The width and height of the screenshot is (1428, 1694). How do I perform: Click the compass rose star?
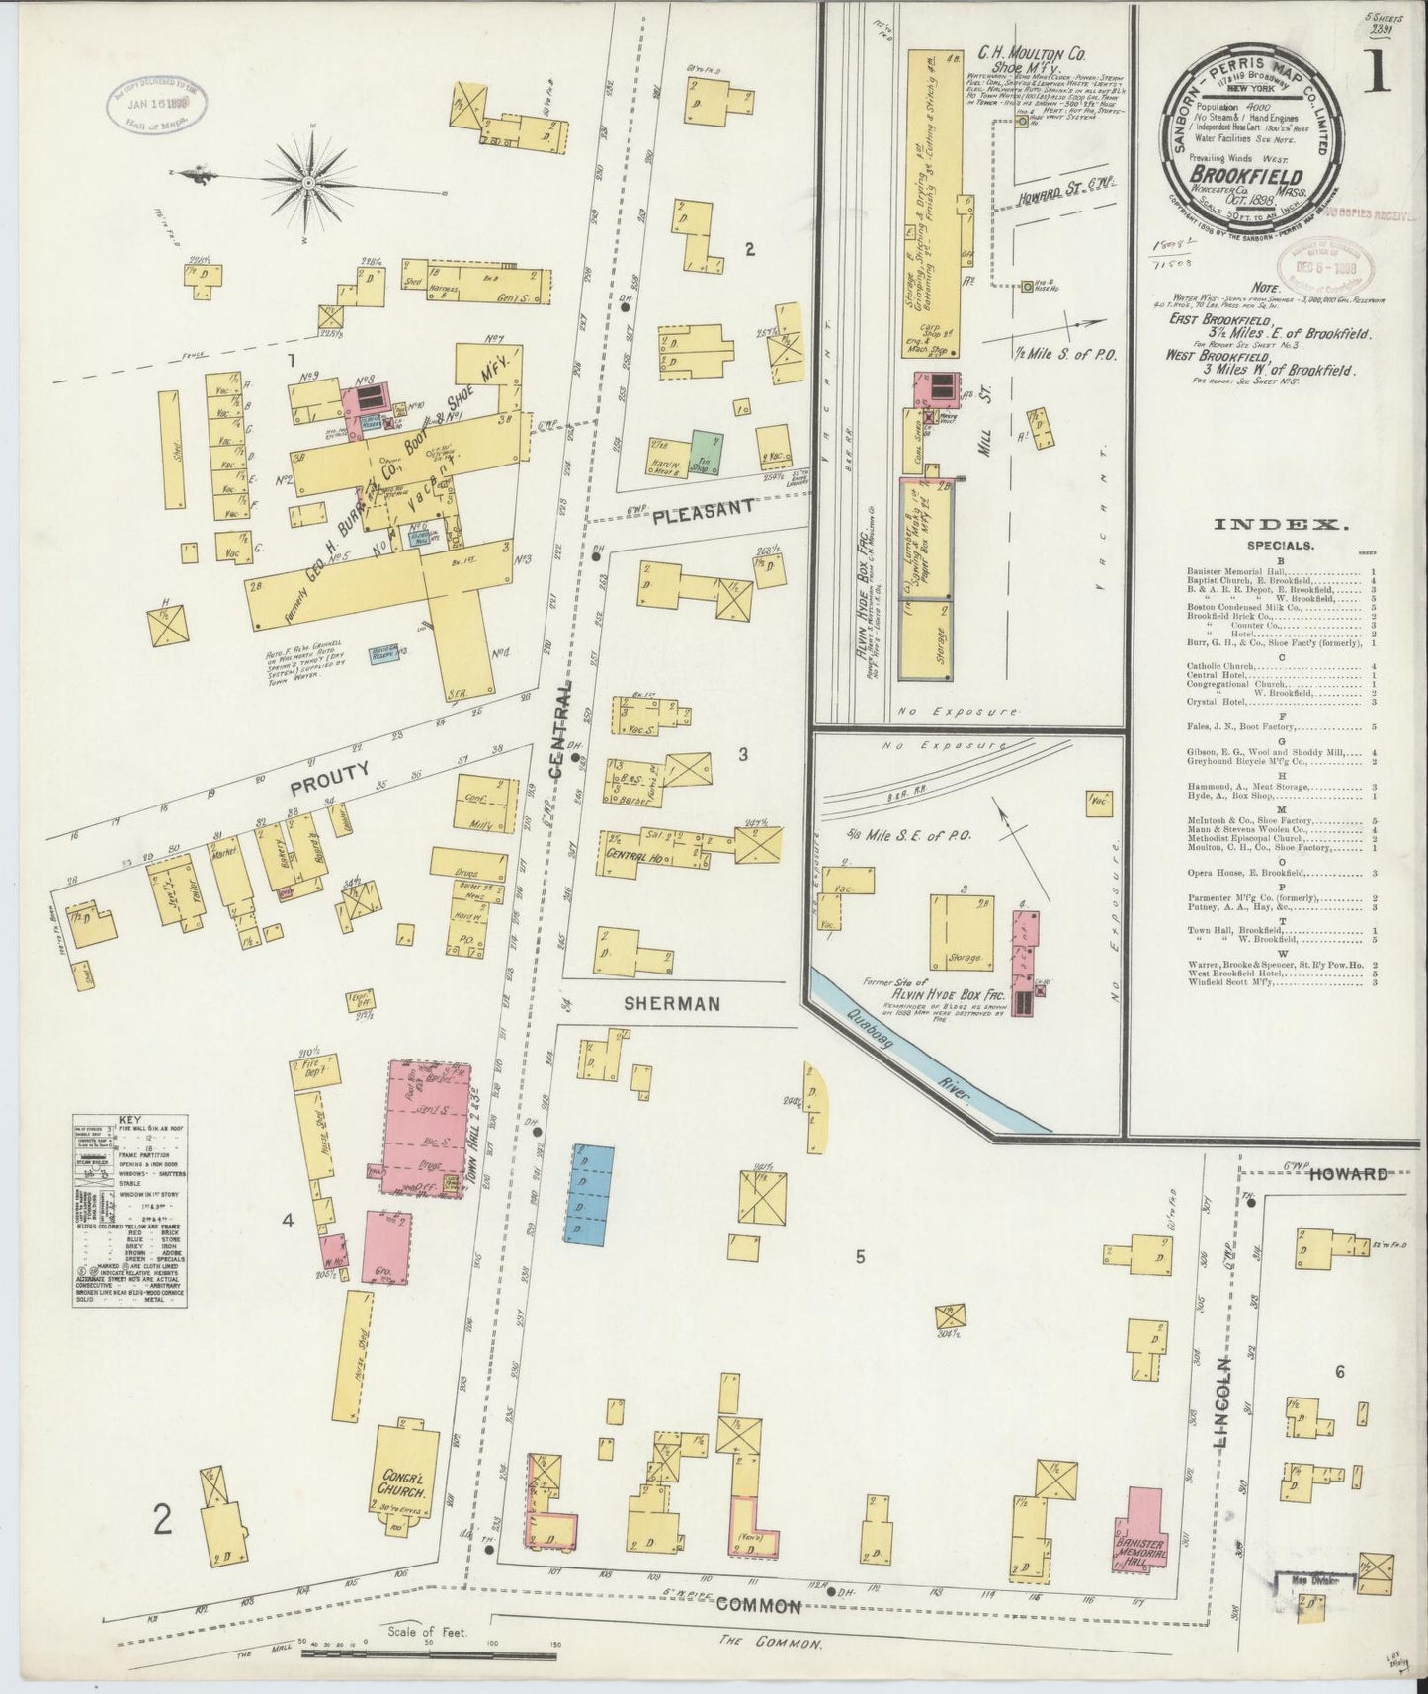pos(308,181)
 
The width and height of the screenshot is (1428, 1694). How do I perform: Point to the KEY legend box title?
pos(129,1121)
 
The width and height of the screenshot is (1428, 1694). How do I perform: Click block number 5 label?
pos(860,1257)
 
